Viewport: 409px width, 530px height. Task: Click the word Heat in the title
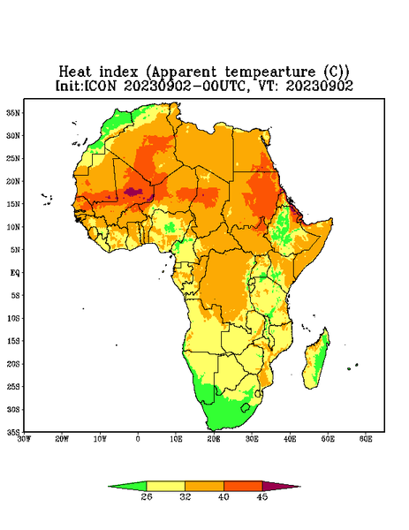tap(75, 72)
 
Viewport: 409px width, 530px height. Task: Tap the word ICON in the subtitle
tap(100, 86)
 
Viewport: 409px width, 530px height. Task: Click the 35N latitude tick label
tap(13, 112)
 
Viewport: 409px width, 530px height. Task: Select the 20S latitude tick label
tap(13, 364)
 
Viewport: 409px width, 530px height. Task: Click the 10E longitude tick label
tap(176, 439)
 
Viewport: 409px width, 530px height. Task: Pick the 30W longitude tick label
tap(25, 439)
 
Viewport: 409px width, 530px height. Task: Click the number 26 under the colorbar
tap(147, 496)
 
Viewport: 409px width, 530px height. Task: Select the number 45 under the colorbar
tap(262, 496)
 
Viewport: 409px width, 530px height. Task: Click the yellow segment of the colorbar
tap(165, 486)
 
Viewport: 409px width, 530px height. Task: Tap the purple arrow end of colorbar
tap(281, 486)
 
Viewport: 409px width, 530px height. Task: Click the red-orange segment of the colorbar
tap(243, 486)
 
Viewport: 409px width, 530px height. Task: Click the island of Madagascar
tap(315, 360)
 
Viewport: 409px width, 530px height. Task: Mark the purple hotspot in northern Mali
tap(131, 192)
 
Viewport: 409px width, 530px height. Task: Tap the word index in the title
tap(118, 72)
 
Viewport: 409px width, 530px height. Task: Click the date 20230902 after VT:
tap(319, 86)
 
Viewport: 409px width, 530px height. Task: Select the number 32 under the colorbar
tap(186, 496)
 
